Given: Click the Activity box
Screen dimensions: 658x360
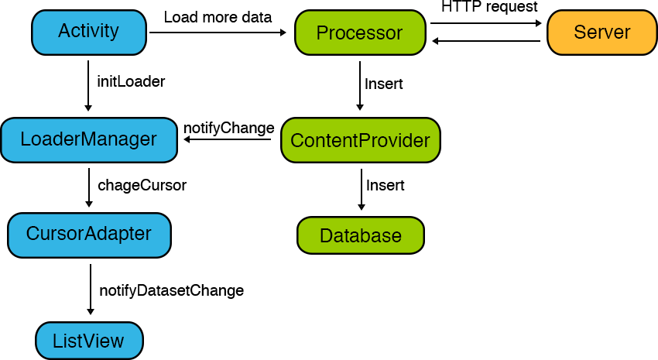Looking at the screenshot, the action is [x=89, y=33].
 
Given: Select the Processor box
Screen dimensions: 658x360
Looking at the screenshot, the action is [x=360, y=33].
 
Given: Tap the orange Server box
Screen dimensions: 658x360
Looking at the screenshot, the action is [x=602, y=33].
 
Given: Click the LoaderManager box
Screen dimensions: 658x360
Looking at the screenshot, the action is [x=89, y=139].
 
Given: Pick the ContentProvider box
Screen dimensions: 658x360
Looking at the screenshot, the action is [x=361, y=139].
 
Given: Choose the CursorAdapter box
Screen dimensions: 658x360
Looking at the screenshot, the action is [x=89, y=235].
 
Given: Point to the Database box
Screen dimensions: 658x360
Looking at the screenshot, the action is [x=361, y=235].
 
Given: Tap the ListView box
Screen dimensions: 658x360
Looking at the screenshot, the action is [x=89, y=341].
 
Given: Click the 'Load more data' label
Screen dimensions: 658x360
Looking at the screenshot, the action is [x=218, y=17].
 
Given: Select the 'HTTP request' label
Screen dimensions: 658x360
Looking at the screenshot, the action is [x=489, y=6].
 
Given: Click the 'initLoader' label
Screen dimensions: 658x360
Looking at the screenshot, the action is [x=131, y=81].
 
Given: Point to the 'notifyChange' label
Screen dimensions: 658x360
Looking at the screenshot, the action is [x=228, y=128].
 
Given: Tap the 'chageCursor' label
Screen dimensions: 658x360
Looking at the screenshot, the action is [x=142, y=186].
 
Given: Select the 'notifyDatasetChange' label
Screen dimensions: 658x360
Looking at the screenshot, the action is [x=171, y=290].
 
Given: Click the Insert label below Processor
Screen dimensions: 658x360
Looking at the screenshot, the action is [x=383, y=84].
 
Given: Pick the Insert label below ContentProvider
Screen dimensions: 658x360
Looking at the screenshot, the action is [x=386, y=186].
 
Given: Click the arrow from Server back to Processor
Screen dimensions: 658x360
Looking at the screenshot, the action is [x=486, y=41].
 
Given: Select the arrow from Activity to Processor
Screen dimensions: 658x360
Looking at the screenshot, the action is [x=218, y=33].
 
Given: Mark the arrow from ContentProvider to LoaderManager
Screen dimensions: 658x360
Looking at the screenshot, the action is [x=228, y=139].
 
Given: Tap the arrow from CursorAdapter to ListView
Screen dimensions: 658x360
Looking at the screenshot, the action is [x=91, y=290].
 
